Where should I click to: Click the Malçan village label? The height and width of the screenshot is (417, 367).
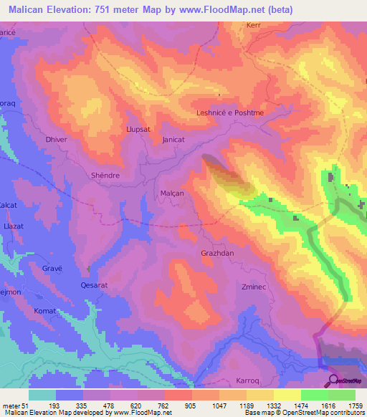click(x=172, y=193)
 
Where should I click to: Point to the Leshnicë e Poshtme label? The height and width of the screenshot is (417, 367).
click(x=226, y=113)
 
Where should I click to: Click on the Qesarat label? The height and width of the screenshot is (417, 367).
click(x=93, y=284)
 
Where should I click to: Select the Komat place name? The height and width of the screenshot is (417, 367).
click(x=45, y=311)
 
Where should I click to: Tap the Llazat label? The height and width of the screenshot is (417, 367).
click(x=15, y=226)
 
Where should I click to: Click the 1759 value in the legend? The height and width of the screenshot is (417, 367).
click(x=355, y=406)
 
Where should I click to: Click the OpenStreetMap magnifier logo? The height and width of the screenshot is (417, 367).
click(x=333, y=380)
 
